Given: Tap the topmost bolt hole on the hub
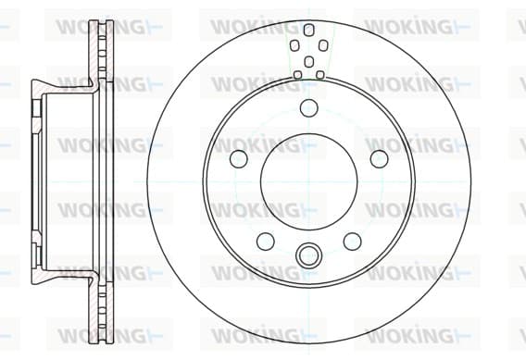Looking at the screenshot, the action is coord(308,108).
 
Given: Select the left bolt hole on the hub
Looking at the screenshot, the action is coord(239,158).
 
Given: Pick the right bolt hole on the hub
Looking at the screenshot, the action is coord(379,158).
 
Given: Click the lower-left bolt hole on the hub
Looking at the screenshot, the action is coord(266,241).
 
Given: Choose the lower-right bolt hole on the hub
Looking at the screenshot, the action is coord(352,241).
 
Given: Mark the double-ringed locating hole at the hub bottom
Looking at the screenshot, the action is coord(308,255).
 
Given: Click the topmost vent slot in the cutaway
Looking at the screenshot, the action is coord(308,30).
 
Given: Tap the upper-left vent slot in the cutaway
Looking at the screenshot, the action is coord(294,45).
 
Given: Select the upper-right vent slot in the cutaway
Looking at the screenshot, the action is coord(323,45).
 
